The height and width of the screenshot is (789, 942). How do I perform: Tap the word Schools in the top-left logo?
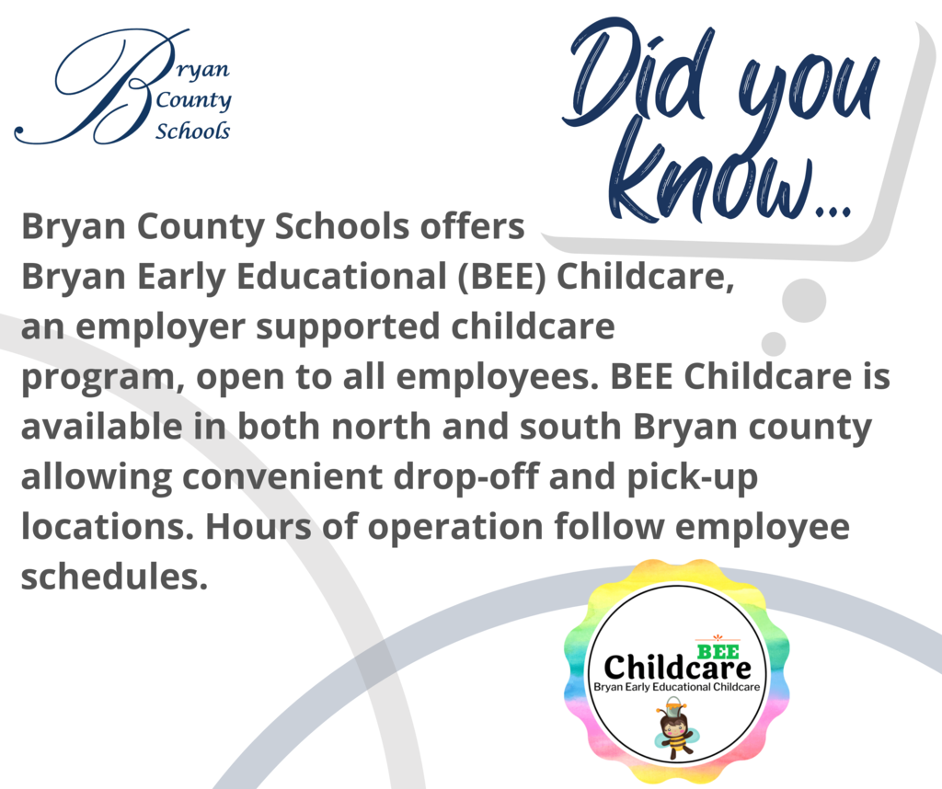[193, 131]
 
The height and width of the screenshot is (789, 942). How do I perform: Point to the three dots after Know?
[833, 211]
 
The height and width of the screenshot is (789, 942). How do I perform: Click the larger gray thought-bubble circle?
[804, 300]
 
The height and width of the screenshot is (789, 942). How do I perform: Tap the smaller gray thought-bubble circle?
[774, 344]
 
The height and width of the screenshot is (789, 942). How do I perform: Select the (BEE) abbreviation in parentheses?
[503, 277]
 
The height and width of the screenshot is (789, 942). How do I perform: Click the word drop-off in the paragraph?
[466, 478]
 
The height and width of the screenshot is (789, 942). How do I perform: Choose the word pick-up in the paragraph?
[692, 478]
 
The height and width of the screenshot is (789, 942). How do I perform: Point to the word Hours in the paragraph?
[258, 527]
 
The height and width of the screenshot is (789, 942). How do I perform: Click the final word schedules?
[114, 577]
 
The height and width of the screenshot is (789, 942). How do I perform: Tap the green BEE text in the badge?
[718, 651]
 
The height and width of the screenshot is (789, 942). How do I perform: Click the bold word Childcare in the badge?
[677, 668]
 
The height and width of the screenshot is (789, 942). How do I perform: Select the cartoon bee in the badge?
[676, 727]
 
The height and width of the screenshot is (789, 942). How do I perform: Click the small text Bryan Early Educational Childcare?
[676, 687]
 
